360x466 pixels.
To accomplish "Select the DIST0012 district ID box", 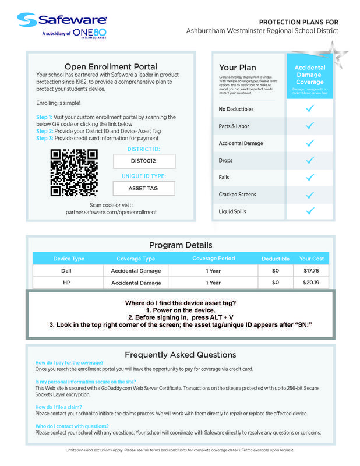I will coord(143,160).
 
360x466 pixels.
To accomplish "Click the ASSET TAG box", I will coord(143,188).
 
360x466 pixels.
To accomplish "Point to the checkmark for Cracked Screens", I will coord(310,194).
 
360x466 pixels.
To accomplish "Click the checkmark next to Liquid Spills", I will coord(310,211).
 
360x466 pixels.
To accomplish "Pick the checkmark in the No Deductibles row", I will coord(310,109).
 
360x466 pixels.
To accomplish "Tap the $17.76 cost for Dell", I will coord(311,271).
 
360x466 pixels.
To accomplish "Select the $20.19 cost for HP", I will coord(311,283).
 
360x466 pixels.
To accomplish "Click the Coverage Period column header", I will coord(213,259).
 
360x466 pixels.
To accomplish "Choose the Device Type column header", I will coord(69,259).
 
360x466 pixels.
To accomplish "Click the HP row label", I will coord(66,283).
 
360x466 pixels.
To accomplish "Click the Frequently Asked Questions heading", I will coord(180,354).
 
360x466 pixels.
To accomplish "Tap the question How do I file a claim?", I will coord(58,407).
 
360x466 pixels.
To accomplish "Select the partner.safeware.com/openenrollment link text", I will coord(111,212).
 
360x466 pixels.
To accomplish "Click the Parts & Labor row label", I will coord(234,126).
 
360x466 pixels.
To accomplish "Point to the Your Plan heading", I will coord(237,68).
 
